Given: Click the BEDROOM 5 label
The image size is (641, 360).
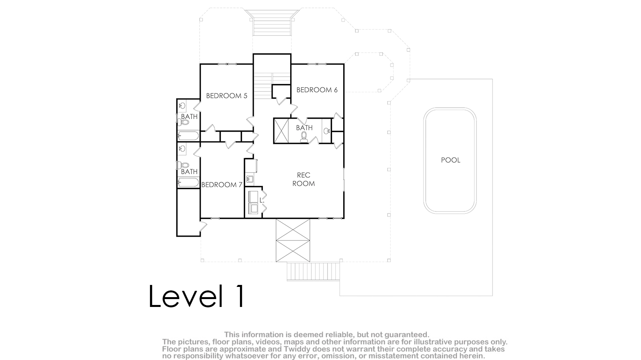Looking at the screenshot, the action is [x=227, y=96].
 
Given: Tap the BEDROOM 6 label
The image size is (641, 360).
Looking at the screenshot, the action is [x=317, y=90].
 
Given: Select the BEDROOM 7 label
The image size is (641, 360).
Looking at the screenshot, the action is [x=222, y=185].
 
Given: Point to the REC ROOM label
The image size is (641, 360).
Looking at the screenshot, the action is [x=304, y=179].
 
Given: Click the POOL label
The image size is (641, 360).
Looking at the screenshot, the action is [x=451, y=160].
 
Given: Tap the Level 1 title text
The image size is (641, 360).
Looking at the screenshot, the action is [x=197, y=296].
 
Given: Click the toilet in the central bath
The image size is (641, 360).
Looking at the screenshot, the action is [x=304, y=138].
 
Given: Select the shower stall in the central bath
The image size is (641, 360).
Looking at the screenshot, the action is [x=281, y=130].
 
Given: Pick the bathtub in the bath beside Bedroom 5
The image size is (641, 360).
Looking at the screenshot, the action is [x=188, y=136].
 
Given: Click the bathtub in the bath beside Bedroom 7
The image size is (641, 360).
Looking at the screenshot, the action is [x=188, y=182].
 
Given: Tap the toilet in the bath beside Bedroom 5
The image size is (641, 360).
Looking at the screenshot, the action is [x=184, y=123].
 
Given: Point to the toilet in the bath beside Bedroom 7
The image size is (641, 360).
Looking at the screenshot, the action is [x=183, y=165].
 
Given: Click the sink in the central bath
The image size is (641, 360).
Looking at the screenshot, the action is [x=326, y=131].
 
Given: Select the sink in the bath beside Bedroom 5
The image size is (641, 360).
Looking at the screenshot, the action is [x=182, y=106].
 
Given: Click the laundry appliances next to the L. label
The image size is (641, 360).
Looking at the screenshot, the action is [x=253, y=202].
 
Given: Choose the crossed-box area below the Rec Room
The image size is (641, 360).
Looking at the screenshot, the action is [x=293, y=240].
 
